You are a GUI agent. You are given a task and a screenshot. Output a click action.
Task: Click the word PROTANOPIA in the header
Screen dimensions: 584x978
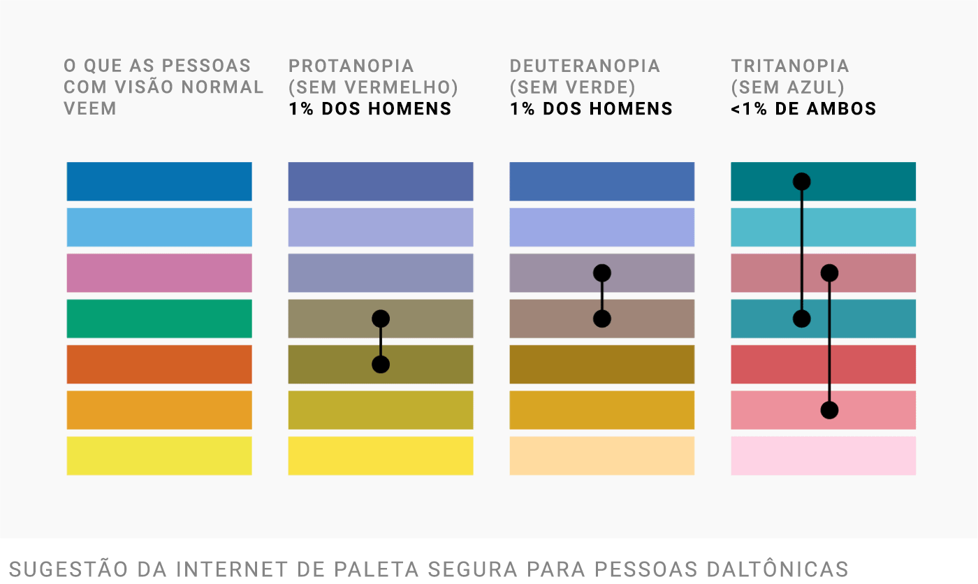click(x=351, y=66)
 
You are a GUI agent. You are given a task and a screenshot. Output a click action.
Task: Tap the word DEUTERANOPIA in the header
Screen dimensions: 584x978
click(x=585, y=66)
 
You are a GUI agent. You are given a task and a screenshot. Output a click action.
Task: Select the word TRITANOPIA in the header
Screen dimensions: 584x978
click(x=790, y=66)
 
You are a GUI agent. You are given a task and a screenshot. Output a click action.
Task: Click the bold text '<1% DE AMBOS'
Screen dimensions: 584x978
click(x=803, y=109)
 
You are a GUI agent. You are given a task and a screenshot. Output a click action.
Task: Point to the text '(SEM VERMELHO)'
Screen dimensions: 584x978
click(x=373, y=87)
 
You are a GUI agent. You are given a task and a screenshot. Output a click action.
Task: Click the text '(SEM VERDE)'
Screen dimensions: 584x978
click(x=572, y=87)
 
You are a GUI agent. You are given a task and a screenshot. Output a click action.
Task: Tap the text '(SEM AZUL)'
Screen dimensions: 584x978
click(x=788, y=87)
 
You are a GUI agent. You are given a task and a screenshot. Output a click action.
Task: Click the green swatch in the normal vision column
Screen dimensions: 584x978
click(x=159, y=319)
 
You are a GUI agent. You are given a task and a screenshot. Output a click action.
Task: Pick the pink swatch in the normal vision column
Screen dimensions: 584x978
click(x=159, y=273)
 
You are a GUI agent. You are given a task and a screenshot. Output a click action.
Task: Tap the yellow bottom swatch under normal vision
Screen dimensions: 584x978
click(x=159, y=455)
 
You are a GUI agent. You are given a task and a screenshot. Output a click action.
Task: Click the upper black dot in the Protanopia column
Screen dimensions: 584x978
click(x=381, y=319)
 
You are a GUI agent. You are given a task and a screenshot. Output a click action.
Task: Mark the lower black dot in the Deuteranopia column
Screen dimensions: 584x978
click(x=602, y=319)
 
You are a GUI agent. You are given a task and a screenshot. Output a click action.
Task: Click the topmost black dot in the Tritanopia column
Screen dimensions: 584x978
click(x=802, y=182)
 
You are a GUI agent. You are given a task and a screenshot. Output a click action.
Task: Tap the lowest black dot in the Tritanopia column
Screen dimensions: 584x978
click(x=829, y=410)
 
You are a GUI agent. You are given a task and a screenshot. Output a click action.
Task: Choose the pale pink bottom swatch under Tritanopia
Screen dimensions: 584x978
click(x=823, y=455)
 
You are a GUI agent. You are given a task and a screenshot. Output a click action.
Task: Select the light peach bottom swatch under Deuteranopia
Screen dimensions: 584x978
click(x=602, y=455)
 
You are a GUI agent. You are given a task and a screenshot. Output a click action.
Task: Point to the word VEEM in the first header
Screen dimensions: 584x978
click(x=89, y=109)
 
